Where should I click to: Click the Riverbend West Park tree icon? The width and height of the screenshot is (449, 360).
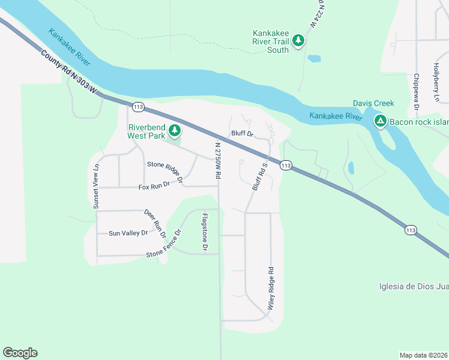(x=175, y=130)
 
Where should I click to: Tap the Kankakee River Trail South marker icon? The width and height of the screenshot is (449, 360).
(x=298, y=41)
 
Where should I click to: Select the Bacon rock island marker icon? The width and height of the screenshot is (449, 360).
(x=380, y=122)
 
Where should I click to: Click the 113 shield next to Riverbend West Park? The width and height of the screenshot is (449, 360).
(x=139, y=107)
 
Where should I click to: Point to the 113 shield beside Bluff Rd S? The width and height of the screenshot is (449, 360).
(x=286, y=166)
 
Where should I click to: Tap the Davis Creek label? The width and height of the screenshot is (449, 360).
(x=373, y=103)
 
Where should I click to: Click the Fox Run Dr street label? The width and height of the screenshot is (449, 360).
(x=155, y=187)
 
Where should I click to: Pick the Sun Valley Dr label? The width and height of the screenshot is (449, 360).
(x=127, y=233)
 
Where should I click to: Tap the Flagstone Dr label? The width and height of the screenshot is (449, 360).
(x=205, y=232)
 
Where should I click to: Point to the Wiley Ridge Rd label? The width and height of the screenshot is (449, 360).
(x=271, y=288)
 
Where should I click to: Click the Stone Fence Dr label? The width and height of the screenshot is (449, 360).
(x=163, y=244)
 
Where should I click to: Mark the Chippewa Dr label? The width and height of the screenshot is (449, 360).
(x=415, y=92)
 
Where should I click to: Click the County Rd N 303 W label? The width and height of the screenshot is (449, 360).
(x=69, y=72)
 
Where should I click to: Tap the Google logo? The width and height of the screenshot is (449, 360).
(x=20, y=353)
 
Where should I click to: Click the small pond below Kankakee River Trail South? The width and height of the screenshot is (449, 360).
(x=313, y=59)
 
